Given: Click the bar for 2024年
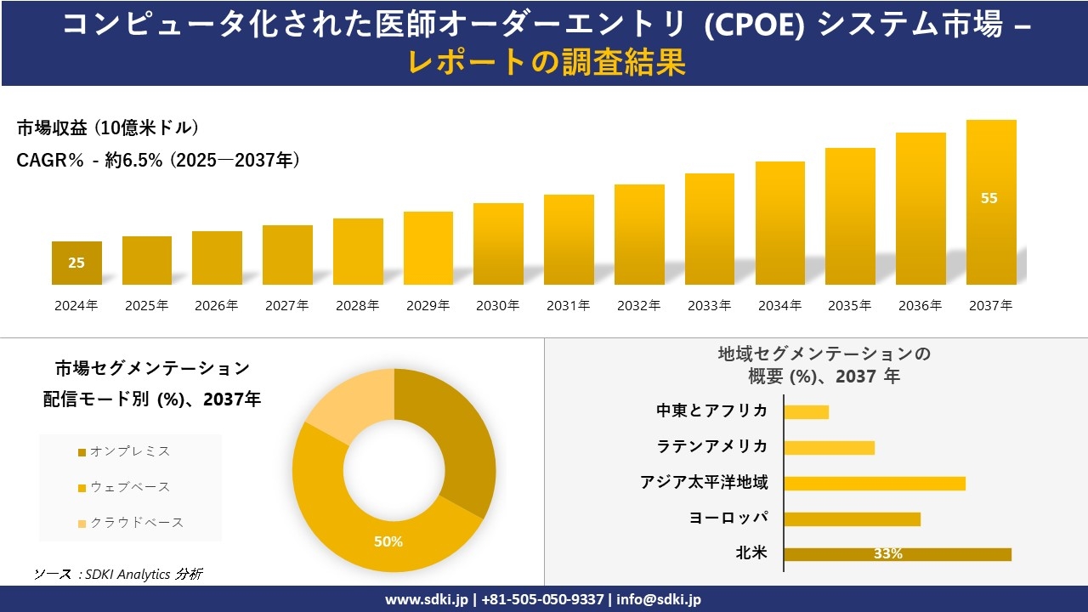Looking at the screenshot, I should click(x=76, y=263).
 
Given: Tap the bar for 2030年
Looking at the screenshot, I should click(x=498, y=244).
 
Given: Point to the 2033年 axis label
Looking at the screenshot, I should click(x=709, y=306).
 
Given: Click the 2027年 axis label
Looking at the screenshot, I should click(x=286, y=306).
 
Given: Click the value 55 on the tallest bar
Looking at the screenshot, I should click(x=989, y=198).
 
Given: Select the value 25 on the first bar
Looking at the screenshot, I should click(x=76, y=263).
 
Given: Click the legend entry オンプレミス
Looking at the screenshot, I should click(x=129, y=451).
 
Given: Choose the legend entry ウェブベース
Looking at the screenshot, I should click(x=129, y=487).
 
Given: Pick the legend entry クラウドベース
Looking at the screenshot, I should click(x=136, y=523).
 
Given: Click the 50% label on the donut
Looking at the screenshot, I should click(x=388, y=541).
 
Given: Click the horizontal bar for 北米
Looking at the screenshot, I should click(x=897, y=554).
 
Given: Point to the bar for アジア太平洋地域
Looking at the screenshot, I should click(x=874, y=483).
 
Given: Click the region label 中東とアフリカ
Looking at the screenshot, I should click(x=711, y=411).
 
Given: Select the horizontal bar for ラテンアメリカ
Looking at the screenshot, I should click(x=829, y=447).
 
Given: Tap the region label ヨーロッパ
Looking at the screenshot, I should click(x=728, y=518).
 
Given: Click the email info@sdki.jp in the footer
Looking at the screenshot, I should click(x=659, y=599).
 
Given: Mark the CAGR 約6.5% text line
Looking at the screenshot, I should click(x=158, y=161).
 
